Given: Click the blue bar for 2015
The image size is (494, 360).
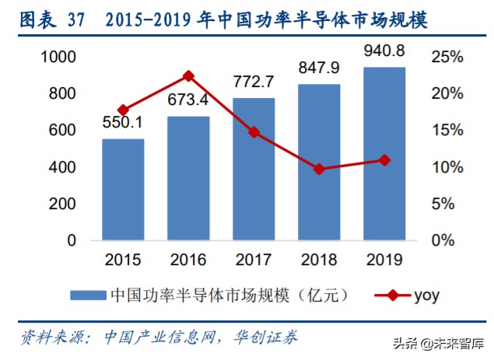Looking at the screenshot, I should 124,190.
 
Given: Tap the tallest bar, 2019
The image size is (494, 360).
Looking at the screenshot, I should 384,154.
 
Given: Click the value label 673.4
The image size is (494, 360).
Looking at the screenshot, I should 189,100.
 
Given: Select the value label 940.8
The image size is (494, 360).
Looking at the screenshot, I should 384,51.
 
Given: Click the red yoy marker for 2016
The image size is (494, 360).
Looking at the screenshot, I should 188,76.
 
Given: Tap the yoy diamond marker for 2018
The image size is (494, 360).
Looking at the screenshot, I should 319,168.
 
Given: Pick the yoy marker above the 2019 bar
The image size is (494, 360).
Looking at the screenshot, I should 384,160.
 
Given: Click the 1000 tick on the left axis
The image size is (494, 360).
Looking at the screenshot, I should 60,57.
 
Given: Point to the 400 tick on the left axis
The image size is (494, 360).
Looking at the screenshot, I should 64,167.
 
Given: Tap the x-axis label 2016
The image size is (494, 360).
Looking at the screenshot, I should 188,258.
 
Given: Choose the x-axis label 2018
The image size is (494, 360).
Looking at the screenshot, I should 319,258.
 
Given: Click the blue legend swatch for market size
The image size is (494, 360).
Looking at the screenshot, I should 88,295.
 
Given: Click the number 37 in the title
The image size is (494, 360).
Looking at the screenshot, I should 81,17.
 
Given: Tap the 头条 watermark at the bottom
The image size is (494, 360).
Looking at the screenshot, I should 402,344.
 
